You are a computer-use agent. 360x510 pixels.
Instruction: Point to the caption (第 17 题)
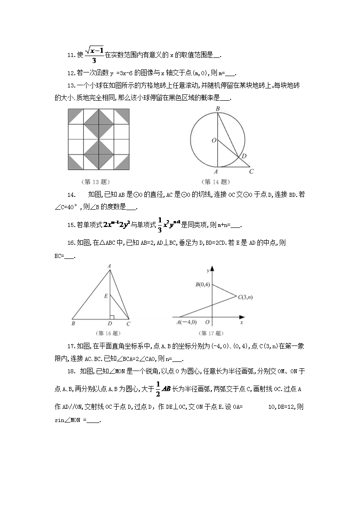(x=208, y=333)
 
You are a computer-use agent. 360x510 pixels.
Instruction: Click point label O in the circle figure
(x=213, y=141)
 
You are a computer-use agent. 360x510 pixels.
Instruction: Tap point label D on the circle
(x=244, y=156)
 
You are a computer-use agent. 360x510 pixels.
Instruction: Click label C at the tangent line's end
(x=251, y=172)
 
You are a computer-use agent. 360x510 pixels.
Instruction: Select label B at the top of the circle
(x=218, y=108)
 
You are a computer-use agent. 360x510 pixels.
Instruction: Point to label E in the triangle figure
(x=106, y=296)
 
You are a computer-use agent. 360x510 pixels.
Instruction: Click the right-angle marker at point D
(x=112, y=315)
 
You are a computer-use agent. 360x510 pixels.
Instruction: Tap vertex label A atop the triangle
(x=109, y=266)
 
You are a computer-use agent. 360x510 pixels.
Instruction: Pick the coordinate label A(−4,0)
(x=186, y=322)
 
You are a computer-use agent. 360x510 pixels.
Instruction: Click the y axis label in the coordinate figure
(x=207, y=271)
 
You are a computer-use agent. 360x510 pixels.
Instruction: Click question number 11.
(x=71, y=55)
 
